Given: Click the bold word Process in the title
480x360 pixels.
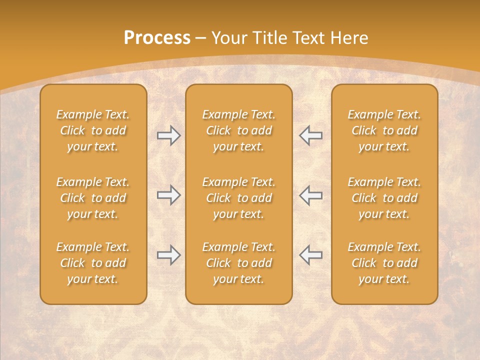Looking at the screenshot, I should [x=157, y=37].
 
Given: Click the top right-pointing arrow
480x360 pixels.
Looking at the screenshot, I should [x=169, y=135].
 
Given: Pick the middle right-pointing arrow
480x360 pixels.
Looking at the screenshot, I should [x=169, y=194].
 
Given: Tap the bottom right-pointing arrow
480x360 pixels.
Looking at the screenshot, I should [x=169, y=255].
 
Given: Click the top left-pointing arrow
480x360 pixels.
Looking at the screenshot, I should [x=310, y=135].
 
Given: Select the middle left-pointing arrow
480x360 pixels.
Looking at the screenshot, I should [x=310, y=194].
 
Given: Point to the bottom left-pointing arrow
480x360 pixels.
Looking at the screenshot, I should [x=310, y=255].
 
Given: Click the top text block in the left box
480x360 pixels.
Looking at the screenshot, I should [x=93, y=130].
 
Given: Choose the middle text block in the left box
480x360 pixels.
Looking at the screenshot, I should [x=93, y=198].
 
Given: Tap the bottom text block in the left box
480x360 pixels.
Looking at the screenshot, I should [x=93, y=263].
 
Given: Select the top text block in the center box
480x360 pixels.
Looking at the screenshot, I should [x=238, y=130].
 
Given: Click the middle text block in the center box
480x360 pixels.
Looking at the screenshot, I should [x=238, y=198].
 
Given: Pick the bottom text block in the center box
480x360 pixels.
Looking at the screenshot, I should [x=238, y=263].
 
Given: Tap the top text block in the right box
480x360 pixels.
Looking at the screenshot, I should [x=384, y=130].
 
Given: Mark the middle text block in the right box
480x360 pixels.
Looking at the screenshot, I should [x=384, y=198].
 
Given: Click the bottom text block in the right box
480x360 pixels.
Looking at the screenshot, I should [x=384, y=263].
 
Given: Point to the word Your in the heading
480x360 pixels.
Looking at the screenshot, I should [x=228, y=37].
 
